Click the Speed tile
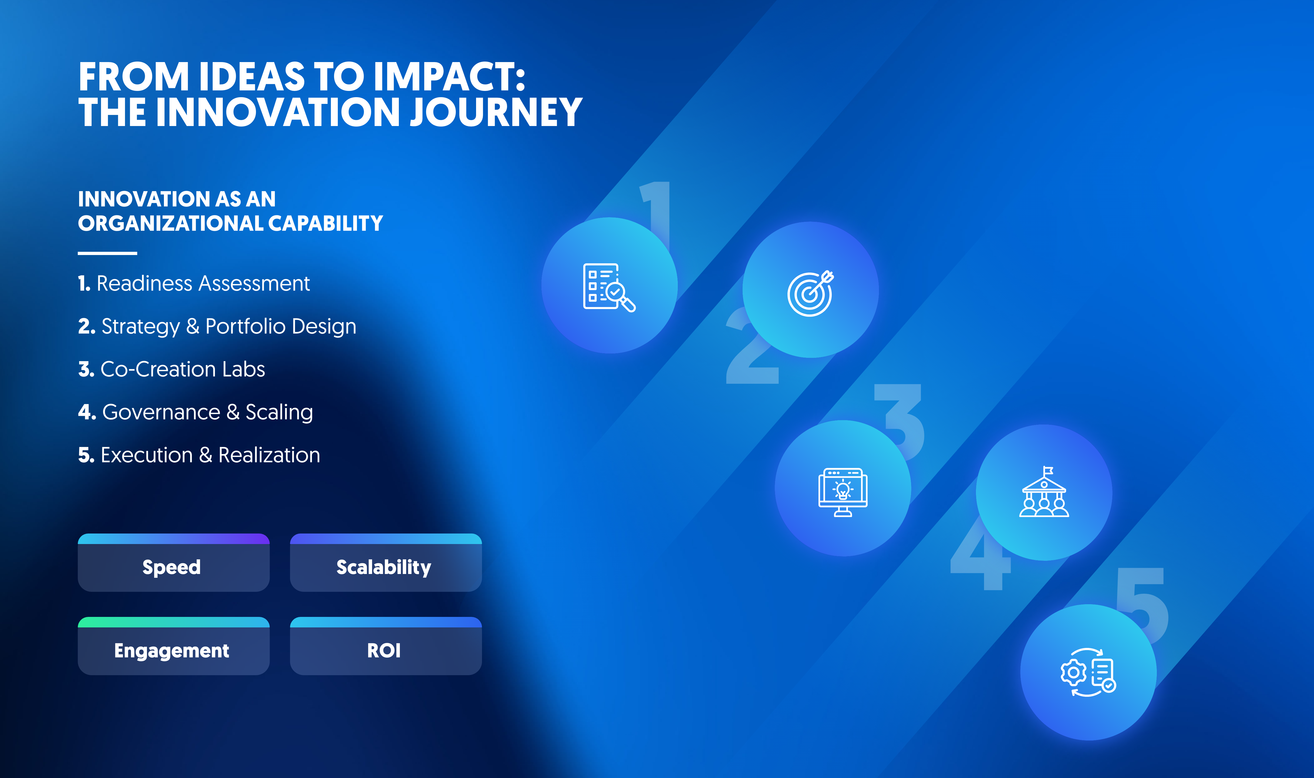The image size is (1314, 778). (174, 563)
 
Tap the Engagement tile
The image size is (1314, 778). (174, 646)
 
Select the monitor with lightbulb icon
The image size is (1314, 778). (843, 492)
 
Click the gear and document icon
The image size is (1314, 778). (1088, 672)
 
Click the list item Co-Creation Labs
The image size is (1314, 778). (171, 369)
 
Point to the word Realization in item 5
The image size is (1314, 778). (269, 455)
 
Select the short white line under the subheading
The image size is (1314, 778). (107, 253)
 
